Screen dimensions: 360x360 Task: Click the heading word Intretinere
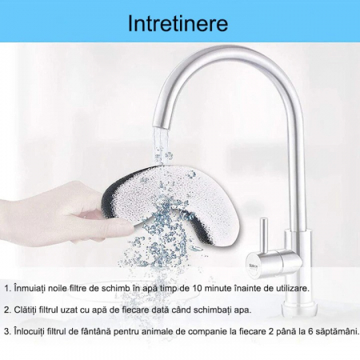[x=178, y=24]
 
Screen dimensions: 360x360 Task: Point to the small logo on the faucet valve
[x=253, y=266]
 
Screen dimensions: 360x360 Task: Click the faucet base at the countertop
[x=299, y=310]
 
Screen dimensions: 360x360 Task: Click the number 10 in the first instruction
[x=198, y=288]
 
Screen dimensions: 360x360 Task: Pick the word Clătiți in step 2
[x=26, y=310]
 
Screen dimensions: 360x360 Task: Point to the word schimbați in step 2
[x=216, y=310]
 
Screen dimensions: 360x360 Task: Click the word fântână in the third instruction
[x=94, y=332]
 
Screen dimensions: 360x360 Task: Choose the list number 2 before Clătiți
[x=6, y=310]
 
